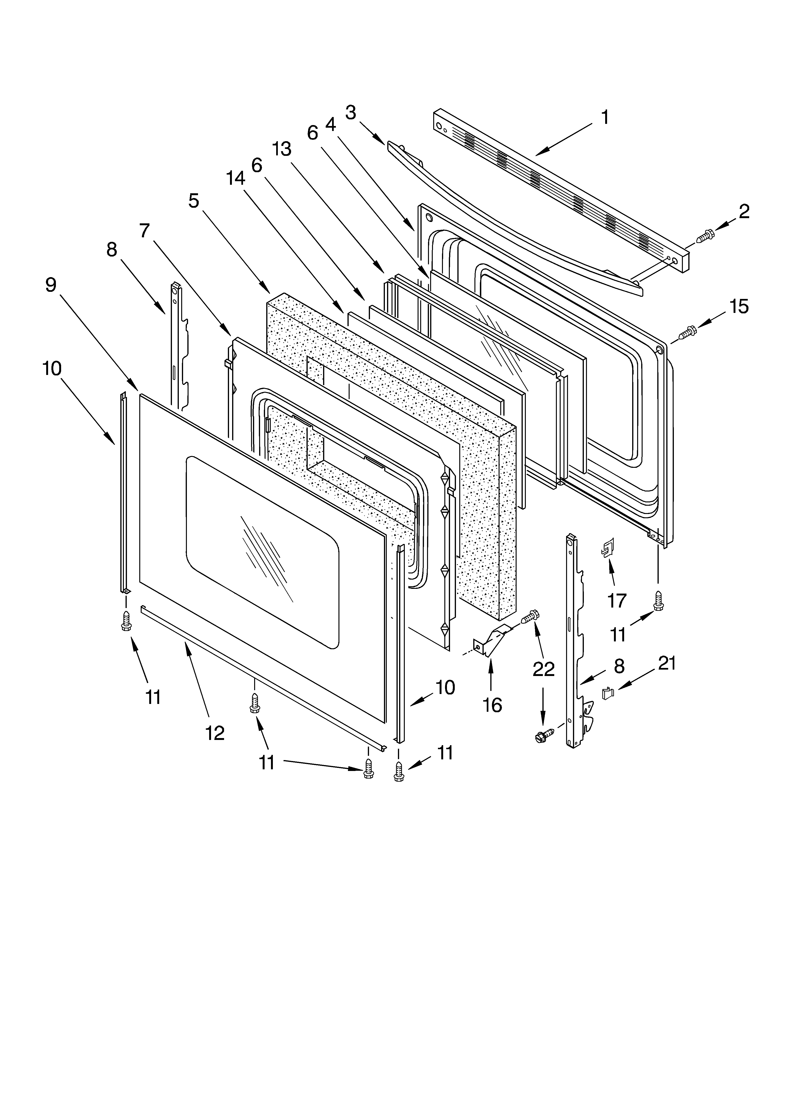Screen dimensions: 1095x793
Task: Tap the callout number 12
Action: point(215,733)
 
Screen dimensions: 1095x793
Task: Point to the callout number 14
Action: point(236,179)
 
